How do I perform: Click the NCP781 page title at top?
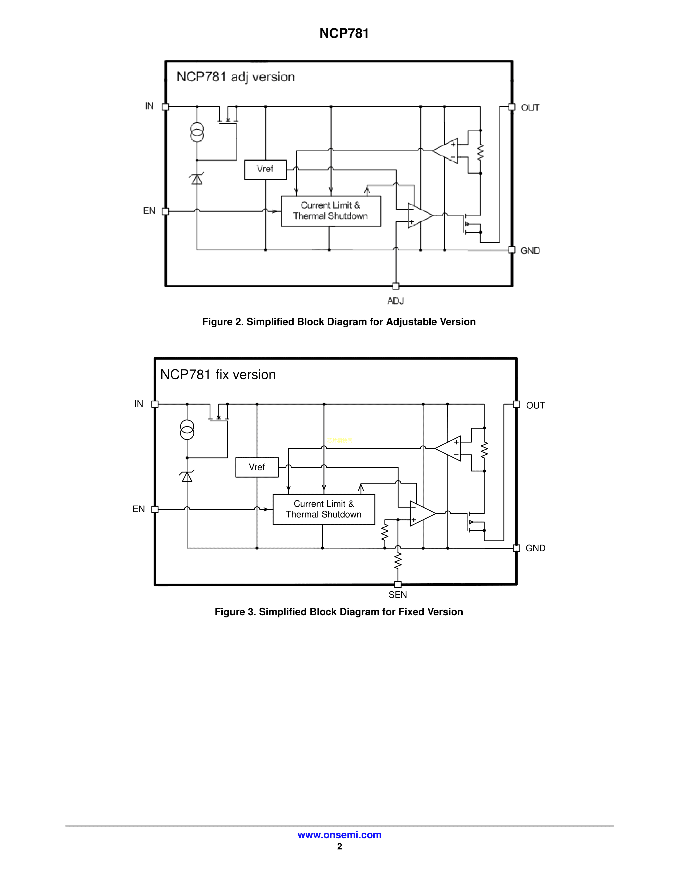(344, 33)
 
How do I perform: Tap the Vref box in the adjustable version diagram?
(265, 169)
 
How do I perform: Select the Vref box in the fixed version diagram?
(257, 467)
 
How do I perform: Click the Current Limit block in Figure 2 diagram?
(330, 211)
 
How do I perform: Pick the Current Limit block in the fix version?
(323, 509)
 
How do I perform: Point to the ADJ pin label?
(395, 301)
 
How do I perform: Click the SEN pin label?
(398, 595)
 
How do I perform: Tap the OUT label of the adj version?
(530, 107)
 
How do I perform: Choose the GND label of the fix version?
(535, 548)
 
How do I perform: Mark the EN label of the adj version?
(149, 211)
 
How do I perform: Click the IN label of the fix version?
(139, 404)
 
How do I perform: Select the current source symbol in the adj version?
(197, 132)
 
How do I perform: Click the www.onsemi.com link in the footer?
(339, 835)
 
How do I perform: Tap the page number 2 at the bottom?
(339, 847)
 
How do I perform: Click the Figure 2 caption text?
(339, 322)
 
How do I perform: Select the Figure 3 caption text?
(339, 612)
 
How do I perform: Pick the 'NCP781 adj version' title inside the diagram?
(236, 77)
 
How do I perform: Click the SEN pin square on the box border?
(398, 584)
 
